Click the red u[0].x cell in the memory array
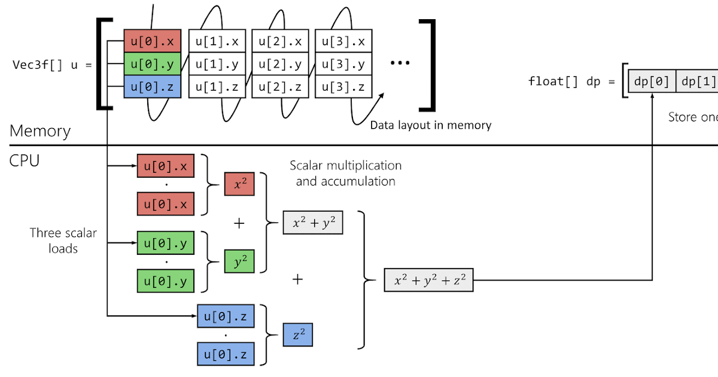(x=152, y=41)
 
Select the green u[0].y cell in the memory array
(x=152, y=64)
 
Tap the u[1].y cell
(x=217, y=64)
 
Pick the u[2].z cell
(x=280, y=87)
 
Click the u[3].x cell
(x=343, y=41)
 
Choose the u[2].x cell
(x=280, y=41)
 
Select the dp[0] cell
(x=652, y=81)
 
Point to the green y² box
(x=239, y=262)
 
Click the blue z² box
(x=298, y=335)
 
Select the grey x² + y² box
(x=313, y=223)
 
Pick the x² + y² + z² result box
(x=428, y=279)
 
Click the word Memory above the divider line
(x=40, y=131)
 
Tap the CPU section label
(x=25, y=160)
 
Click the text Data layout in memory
(x=430, y=125)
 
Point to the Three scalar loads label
(x=63, y=241)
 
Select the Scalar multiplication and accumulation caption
(x=345, y=173)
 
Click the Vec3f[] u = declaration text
(x=53, y=65)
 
